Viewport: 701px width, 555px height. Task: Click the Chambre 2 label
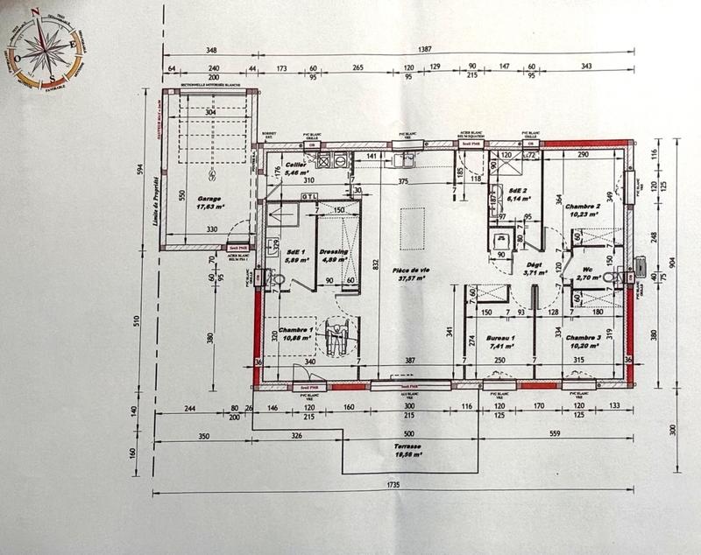pyautogui.click(x=582, y=207)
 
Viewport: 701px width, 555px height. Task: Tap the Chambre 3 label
pyautogui.click(x=582, y=339)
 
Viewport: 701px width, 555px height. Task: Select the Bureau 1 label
pyautogui.click(x=499, y=339)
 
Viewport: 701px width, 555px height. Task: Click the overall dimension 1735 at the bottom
pyautogui.click(x=392, y=484)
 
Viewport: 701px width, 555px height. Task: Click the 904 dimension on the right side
pyautogui.click(x=672, y=261)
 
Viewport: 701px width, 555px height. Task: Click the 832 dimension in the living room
pyautogui.click(x=375, y=263)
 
